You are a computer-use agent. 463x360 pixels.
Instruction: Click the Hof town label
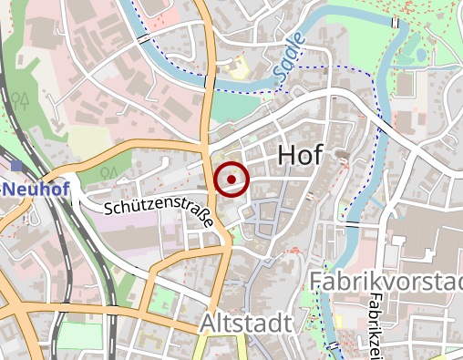click(299, 155)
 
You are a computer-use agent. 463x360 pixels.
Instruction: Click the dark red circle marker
click(231, 179)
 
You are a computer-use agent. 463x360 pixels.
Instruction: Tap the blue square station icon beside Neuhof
click(16, 165)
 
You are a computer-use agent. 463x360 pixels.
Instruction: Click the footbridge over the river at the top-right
click(396, 21)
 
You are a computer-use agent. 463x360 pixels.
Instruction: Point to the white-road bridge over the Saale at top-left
click(143, 39)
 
